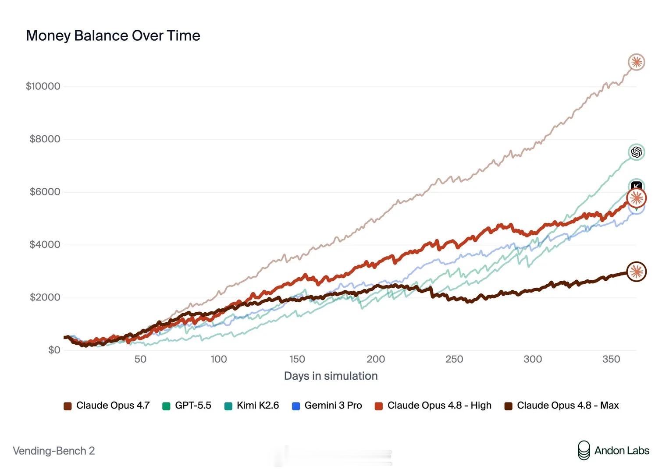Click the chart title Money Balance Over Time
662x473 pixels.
[x=113, y=36]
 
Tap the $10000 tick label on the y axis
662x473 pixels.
[x=43, y=86]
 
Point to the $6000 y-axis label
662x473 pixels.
[x=45, y=192]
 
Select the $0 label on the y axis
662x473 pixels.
[x=54, y=350]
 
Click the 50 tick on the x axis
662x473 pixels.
[x=140, y=359]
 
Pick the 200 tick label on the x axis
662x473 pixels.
[x=376, y=359]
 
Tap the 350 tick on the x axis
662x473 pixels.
[x=611, y=359]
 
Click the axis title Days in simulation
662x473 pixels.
[x=331, y=376]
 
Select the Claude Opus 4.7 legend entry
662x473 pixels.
[x=107, y=406]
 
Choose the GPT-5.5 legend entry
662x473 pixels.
[x=187, y=406]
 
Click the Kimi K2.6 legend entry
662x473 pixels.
[x=252, y=406]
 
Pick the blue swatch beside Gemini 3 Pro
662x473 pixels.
[x=296, y=406]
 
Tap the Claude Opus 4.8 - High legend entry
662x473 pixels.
[x=433, y=406]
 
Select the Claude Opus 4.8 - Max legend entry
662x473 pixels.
[x=561, y=406]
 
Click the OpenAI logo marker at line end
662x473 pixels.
[x=636, y=152]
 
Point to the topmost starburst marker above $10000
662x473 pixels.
[x=636, y=62]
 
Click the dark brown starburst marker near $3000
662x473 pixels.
[x=637, y=272]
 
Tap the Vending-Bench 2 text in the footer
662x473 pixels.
[x=54, y=451]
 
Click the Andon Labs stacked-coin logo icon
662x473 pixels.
[x=584, y=450]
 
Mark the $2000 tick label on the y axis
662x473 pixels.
[x=45, y=297]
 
